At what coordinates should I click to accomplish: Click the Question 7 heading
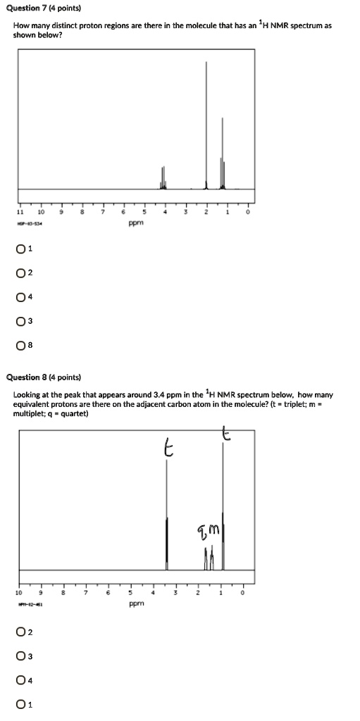coord(47,8)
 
